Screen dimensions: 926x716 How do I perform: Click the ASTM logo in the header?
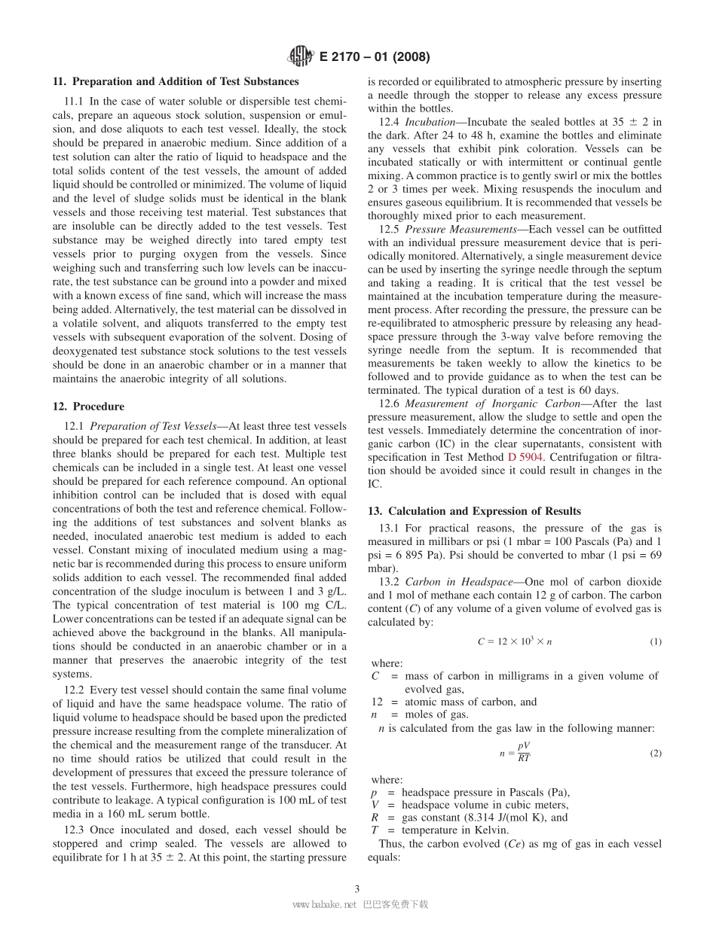(x=301, y=56)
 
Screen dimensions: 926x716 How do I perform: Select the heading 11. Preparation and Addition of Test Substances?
(x=176, y=81)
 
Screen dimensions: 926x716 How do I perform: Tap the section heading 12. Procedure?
(x=88, y=407)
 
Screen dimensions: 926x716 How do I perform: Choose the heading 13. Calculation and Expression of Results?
(x=474, y=510)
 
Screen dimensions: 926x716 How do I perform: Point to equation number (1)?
(x=655, y=641)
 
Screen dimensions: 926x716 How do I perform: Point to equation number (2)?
(x=655, y=753)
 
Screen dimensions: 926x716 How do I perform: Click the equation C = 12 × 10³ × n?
(x=514, y=641)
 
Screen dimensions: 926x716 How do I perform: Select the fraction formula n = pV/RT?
(x=515, y=753)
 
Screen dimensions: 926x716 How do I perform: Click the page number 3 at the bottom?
(x=357, y=888)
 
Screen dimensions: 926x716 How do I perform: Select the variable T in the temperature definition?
(x=375, y=830)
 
